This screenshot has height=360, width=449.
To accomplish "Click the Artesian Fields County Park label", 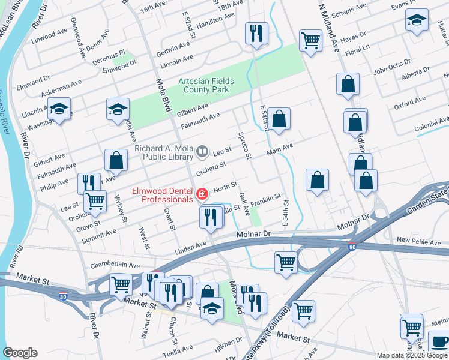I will tap(205, 85).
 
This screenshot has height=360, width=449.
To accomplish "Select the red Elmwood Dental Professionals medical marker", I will tap(202, 194).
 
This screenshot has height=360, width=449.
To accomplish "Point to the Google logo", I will tap(20, 353).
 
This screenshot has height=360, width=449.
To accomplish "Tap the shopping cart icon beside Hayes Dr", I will tap(310, 41).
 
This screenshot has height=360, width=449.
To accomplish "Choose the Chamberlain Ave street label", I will tap(115, 265).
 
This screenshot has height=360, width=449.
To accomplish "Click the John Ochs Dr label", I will tap(391, 71).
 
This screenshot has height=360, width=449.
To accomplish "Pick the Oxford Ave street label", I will tap(406, 106).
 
